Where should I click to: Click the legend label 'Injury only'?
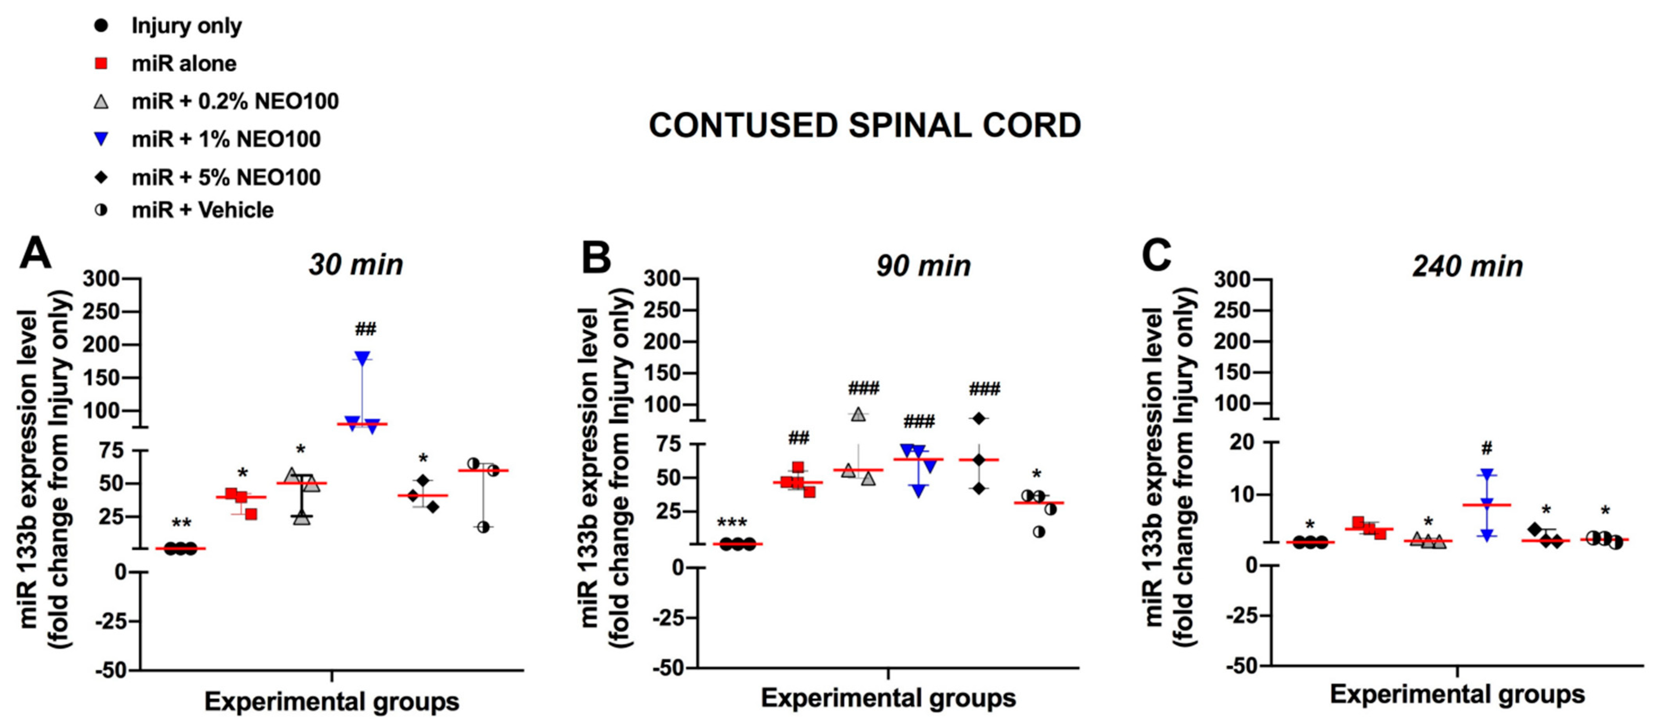coord(186,26)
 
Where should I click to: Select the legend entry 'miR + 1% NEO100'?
coord(226,139)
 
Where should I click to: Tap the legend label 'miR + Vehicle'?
coord(202,210)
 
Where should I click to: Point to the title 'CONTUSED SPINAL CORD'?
coord(865,126)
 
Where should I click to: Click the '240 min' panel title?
coord(1468,266)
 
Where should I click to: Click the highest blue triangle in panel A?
coord(362,358)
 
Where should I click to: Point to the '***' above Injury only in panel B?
coord(732,522)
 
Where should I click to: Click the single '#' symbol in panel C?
coord(1487,448)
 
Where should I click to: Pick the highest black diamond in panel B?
coord(979,419)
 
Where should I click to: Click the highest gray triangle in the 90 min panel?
coord(858,414)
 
